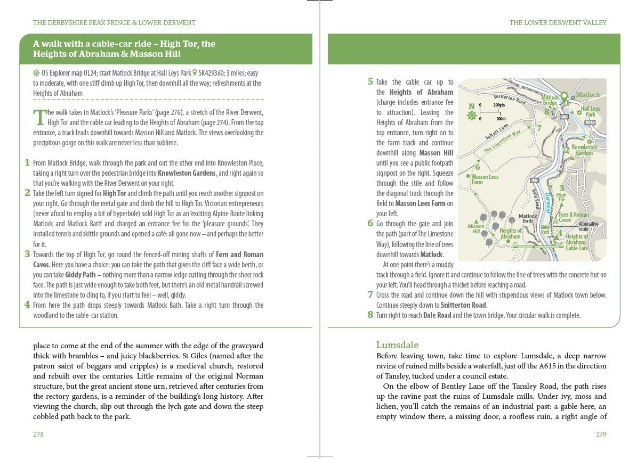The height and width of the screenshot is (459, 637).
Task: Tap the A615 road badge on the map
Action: (x=589, y=122)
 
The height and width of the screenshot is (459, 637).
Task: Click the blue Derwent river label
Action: (x=549, y=203)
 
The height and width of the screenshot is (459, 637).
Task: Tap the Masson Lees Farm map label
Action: (x=484, y=179)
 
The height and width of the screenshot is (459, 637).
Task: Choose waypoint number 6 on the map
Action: (x=477, y=167)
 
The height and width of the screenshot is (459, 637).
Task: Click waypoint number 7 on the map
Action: (x=539, y=128)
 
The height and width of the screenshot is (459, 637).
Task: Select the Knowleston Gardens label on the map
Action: (x=584, y=150)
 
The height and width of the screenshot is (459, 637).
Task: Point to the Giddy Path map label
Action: (x=545, y=229)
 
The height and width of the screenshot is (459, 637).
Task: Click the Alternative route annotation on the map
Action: (x=588, y=226)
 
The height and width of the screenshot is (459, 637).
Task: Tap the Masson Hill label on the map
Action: (x=475, y=228)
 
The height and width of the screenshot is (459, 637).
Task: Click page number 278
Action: (x=38, y=434)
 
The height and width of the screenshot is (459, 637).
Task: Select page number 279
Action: (x=601, y=434)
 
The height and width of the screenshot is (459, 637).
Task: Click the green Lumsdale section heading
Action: (x=397, y=345)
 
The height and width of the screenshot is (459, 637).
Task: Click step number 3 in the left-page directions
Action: (x=27, y=254)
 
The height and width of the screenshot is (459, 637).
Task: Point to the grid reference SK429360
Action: (x=213, y=73)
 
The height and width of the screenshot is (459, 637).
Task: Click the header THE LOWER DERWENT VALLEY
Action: (x=558, y=23)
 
